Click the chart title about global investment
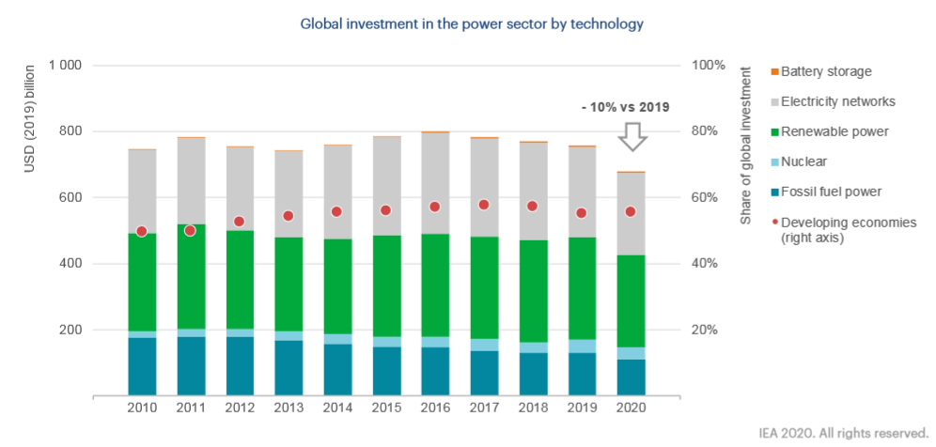[472, 23]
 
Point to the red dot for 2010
[142, 231]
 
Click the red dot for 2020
[631, 211]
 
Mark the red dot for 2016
[435, 207]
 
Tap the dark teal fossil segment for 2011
[191, 366]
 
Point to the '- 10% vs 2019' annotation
[624, 107]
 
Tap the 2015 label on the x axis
[386, 410]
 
